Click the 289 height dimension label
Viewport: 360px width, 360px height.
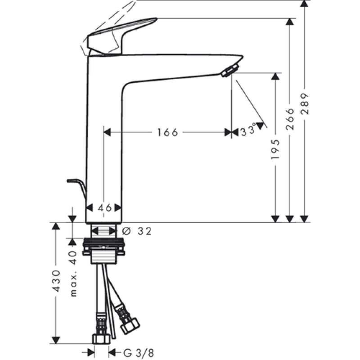coord(305,103)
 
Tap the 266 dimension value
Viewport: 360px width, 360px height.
coord(290,119)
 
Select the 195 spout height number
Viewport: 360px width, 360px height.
coord(275,149)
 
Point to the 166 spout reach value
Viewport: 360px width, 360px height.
coord(167,132)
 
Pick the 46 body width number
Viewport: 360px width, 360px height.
coord(104,208)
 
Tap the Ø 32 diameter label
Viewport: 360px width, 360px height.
coord(137,231)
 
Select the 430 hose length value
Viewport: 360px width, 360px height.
coord(56,281)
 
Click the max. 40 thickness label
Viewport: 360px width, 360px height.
coord(73,274)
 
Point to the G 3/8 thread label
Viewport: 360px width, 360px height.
coord(139,353)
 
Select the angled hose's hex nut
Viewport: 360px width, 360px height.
coord(130,325)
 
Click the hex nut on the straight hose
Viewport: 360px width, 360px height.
coord(101,339)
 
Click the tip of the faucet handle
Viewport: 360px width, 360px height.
coord(156,18)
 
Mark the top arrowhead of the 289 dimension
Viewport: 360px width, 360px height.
coord(305,4)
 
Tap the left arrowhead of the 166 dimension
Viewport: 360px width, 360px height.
coord(107,132)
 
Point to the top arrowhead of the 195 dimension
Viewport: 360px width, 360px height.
coord(275,76)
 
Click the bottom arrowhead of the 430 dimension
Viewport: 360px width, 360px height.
coord(56,340)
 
